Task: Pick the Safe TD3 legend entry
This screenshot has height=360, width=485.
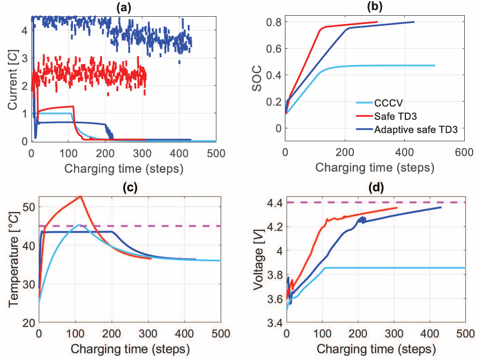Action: (x=408, y=116)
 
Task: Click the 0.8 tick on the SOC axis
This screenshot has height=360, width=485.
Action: (x=274, y=22)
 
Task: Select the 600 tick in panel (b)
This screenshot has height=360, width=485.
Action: (x=464, y=151)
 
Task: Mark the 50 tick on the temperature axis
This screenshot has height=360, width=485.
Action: (x=27, y=207)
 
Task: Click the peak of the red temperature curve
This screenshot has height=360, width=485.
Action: (x=80, y=196)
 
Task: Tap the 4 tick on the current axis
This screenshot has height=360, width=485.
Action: (x=25, y=30)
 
